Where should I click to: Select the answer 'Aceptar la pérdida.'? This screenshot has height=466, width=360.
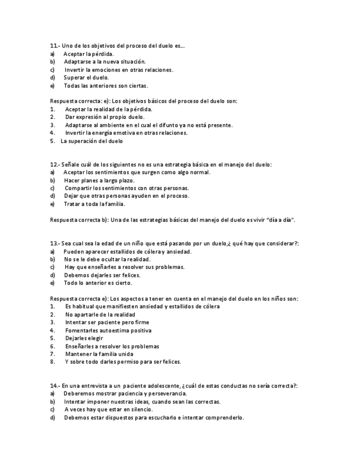pos(88,54)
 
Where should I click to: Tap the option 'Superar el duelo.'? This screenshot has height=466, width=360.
pos(86,77)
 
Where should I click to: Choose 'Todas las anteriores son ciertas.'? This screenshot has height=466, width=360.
pos(106,86)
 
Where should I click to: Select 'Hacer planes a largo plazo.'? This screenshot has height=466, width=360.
pos(99,180)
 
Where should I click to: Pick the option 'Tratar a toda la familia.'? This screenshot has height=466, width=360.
pos(94,204)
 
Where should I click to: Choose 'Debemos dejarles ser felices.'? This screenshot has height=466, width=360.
pos(102,275)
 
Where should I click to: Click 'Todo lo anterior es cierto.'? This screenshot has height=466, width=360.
pos(98,283)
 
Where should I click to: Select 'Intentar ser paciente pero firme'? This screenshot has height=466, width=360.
pos(107,323)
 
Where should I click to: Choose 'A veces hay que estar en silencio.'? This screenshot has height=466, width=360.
pos(108,409)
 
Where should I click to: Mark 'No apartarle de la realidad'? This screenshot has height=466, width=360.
pos(99,314)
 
